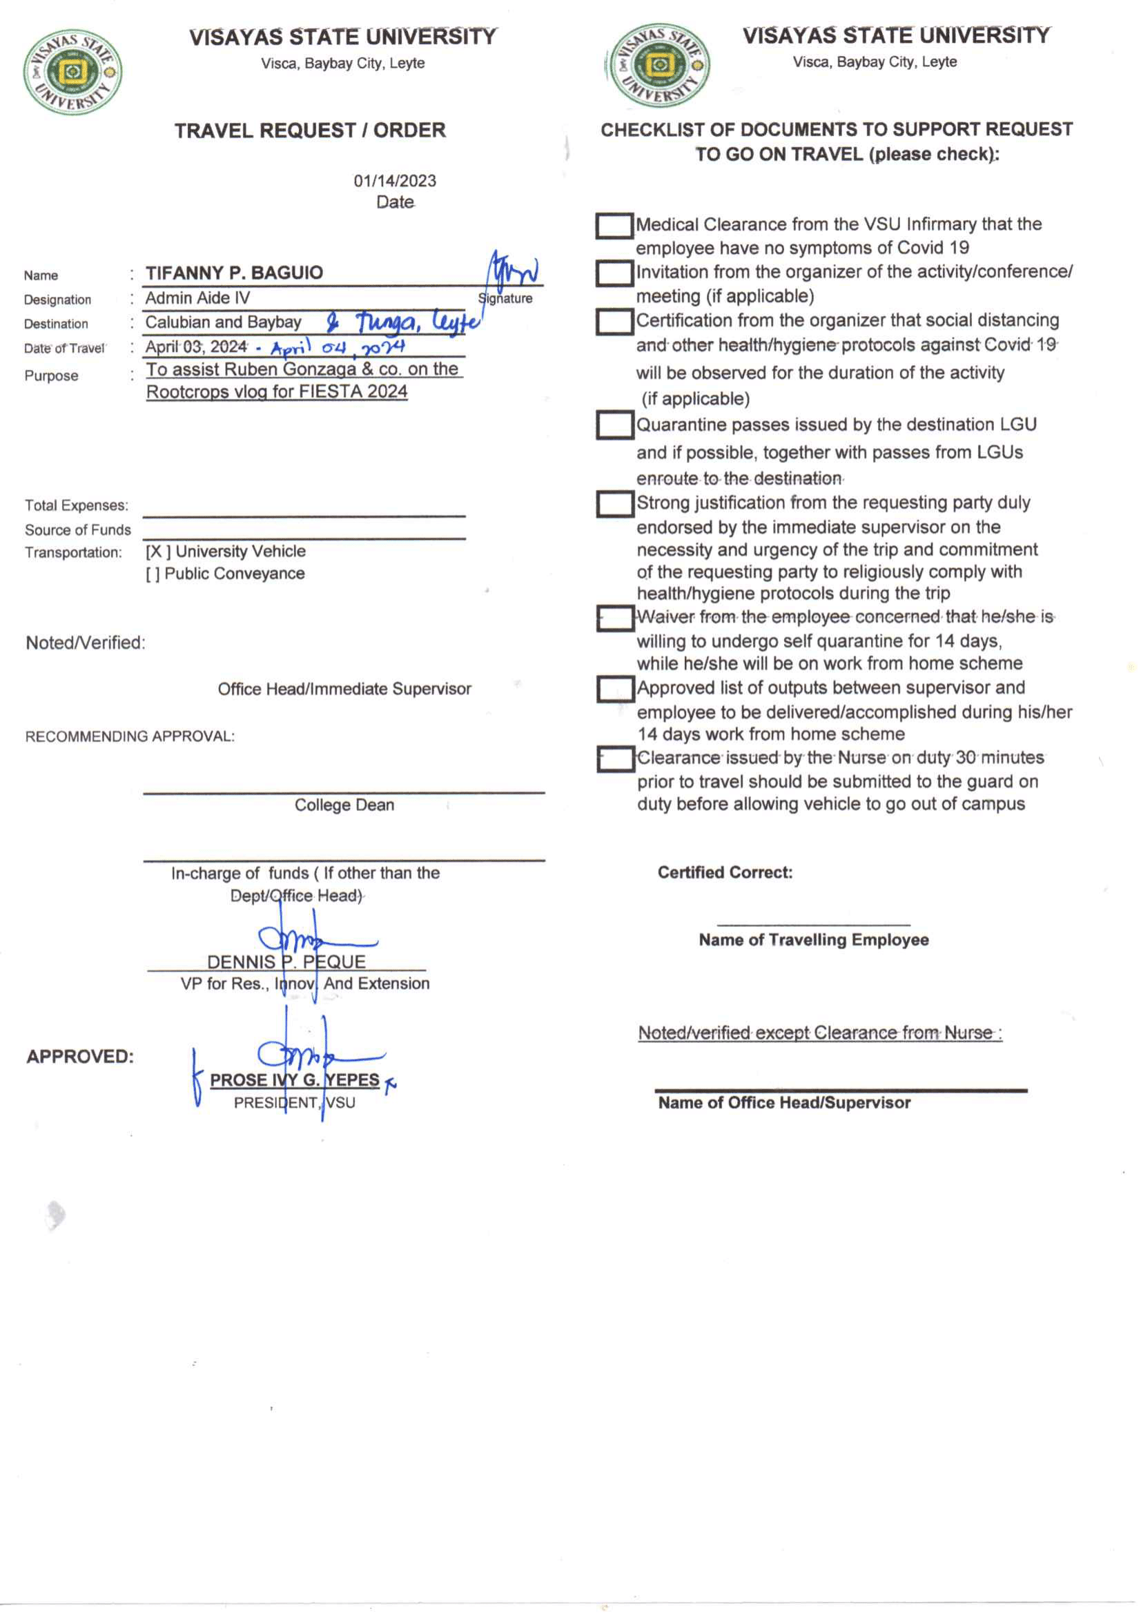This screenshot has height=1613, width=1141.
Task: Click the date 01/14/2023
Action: tap(395, 182)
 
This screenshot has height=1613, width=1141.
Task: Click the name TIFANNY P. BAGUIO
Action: tap(234, 273)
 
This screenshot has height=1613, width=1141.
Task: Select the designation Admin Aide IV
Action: tap(197, 298)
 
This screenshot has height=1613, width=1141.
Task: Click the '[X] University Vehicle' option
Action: tap(226, 551)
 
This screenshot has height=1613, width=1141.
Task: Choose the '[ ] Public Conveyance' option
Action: tap(225, 574)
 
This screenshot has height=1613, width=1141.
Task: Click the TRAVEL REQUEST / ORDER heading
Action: tap(310, 130)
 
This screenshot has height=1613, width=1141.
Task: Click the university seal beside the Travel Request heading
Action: tap(72, 72)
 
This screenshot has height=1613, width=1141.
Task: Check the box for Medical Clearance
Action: tap(614, 226)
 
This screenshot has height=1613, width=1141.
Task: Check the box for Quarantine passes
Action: tap(614, 426)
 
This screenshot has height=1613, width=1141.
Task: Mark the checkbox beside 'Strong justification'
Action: tap(614, 504)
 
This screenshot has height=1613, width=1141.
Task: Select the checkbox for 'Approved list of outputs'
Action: tap(614, 690)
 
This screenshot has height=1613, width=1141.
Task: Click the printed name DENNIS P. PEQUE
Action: tap(286, 961)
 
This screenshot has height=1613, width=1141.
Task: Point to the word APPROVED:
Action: tap(80, 1057)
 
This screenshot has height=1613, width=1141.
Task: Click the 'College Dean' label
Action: tap(344, 805)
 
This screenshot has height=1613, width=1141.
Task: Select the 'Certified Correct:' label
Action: tap(725, 872)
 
